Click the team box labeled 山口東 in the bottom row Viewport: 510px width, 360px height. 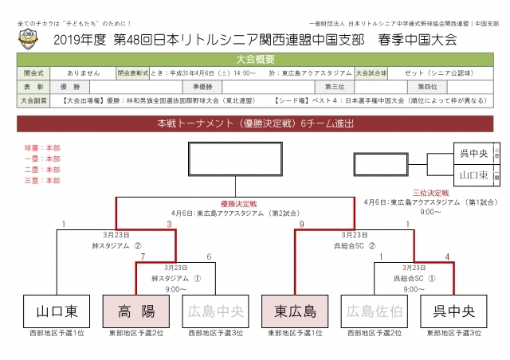pos(54,310)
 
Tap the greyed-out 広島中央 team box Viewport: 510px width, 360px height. pos(214,310)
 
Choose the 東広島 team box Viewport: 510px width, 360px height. pos(295,310)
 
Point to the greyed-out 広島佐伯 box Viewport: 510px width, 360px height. pos(375,310)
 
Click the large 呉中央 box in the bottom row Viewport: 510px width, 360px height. pos(455,310)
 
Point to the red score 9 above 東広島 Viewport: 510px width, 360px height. pos(302,225)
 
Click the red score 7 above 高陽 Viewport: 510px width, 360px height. pos(142,257)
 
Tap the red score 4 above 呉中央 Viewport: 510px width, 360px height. pos(449,257)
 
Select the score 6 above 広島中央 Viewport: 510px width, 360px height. pos(209,257)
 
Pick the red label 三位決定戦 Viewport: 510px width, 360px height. pos(430,193)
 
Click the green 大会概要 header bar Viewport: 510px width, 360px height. pos(255,58)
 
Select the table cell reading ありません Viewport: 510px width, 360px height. pos(78,72)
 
